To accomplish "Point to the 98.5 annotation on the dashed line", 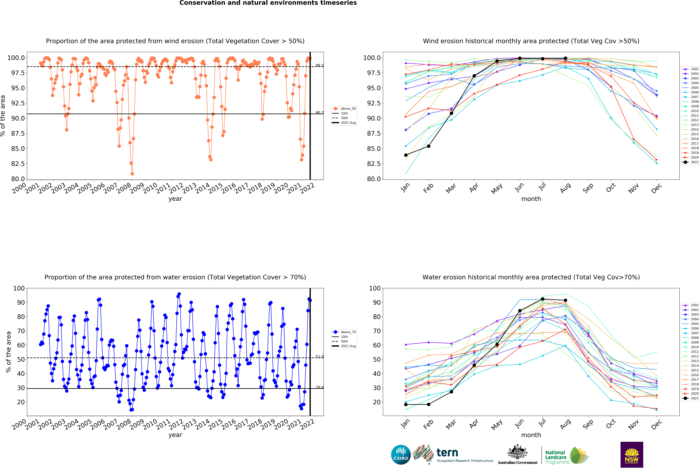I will point(319,65).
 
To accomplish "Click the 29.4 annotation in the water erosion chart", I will point(319,387).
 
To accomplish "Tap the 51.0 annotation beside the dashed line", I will point(319,356).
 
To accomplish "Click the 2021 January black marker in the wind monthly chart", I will point(406,155).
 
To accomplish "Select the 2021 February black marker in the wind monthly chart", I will point(429,146).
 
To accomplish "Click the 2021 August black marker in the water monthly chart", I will point(565,300).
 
